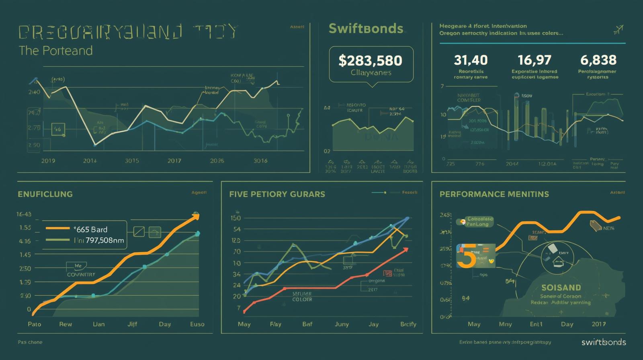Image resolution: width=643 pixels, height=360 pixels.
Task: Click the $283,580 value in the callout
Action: pyautogui.click(x=370, y=60)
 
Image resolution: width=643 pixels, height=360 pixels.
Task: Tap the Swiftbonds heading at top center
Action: pyautogui.click(x=366, y=28)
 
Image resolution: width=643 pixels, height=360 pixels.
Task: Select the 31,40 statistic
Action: pyautogui.click(x=471, y=60)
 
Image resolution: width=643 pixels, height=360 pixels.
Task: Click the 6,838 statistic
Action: pyautogui.click(x=598, y=60)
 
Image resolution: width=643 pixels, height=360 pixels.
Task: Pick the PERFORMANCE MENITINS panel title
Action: pyautogui.click(x=494, y=194)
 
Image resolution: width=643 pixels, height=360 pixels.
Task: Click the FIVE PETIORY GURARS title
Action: pyautogui.click(x=277, y=194)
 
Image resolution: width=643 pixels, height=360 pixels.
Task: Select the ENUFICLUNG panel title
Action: pyautogui.click(x=45, y=194)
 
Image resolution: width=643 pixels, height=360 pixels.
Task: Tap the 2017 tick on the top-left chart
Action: pyautogui.click(x=174, y=161)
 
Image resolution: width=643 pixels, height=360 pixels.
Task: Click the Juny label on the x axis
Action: pyautogui.click(x=342, y=324)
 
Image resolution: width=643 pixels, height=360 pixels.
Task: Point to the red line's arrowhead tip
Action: pyautogui.click(x=408, y=249)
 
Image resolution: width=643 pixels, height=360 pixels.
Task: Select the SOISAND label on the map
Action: pyautogui.click(x=561, y=288)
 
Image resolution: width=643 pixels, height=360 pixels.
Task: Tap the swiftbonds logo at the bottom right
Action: pyautogui.click(x=603, y=342)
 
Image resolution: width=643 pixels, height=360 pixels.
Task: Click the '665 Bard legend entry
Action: pyautogui.click(x=90, y=229)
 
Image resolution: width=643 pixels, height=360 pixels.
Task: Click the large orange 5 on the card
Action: pyautogui.click(x=467, y=256)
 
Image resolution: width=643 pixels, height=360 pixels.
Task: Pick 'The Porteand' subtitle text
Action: pyautogui.click(x=55, y=51)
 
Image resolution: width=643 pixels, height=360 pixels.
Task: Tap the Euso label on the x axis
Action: pyautogui.click(x=197, y=324)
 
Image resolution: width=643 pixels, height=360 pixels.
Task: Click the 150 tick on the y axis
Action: pyautogui.click(x=235, y=218)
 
